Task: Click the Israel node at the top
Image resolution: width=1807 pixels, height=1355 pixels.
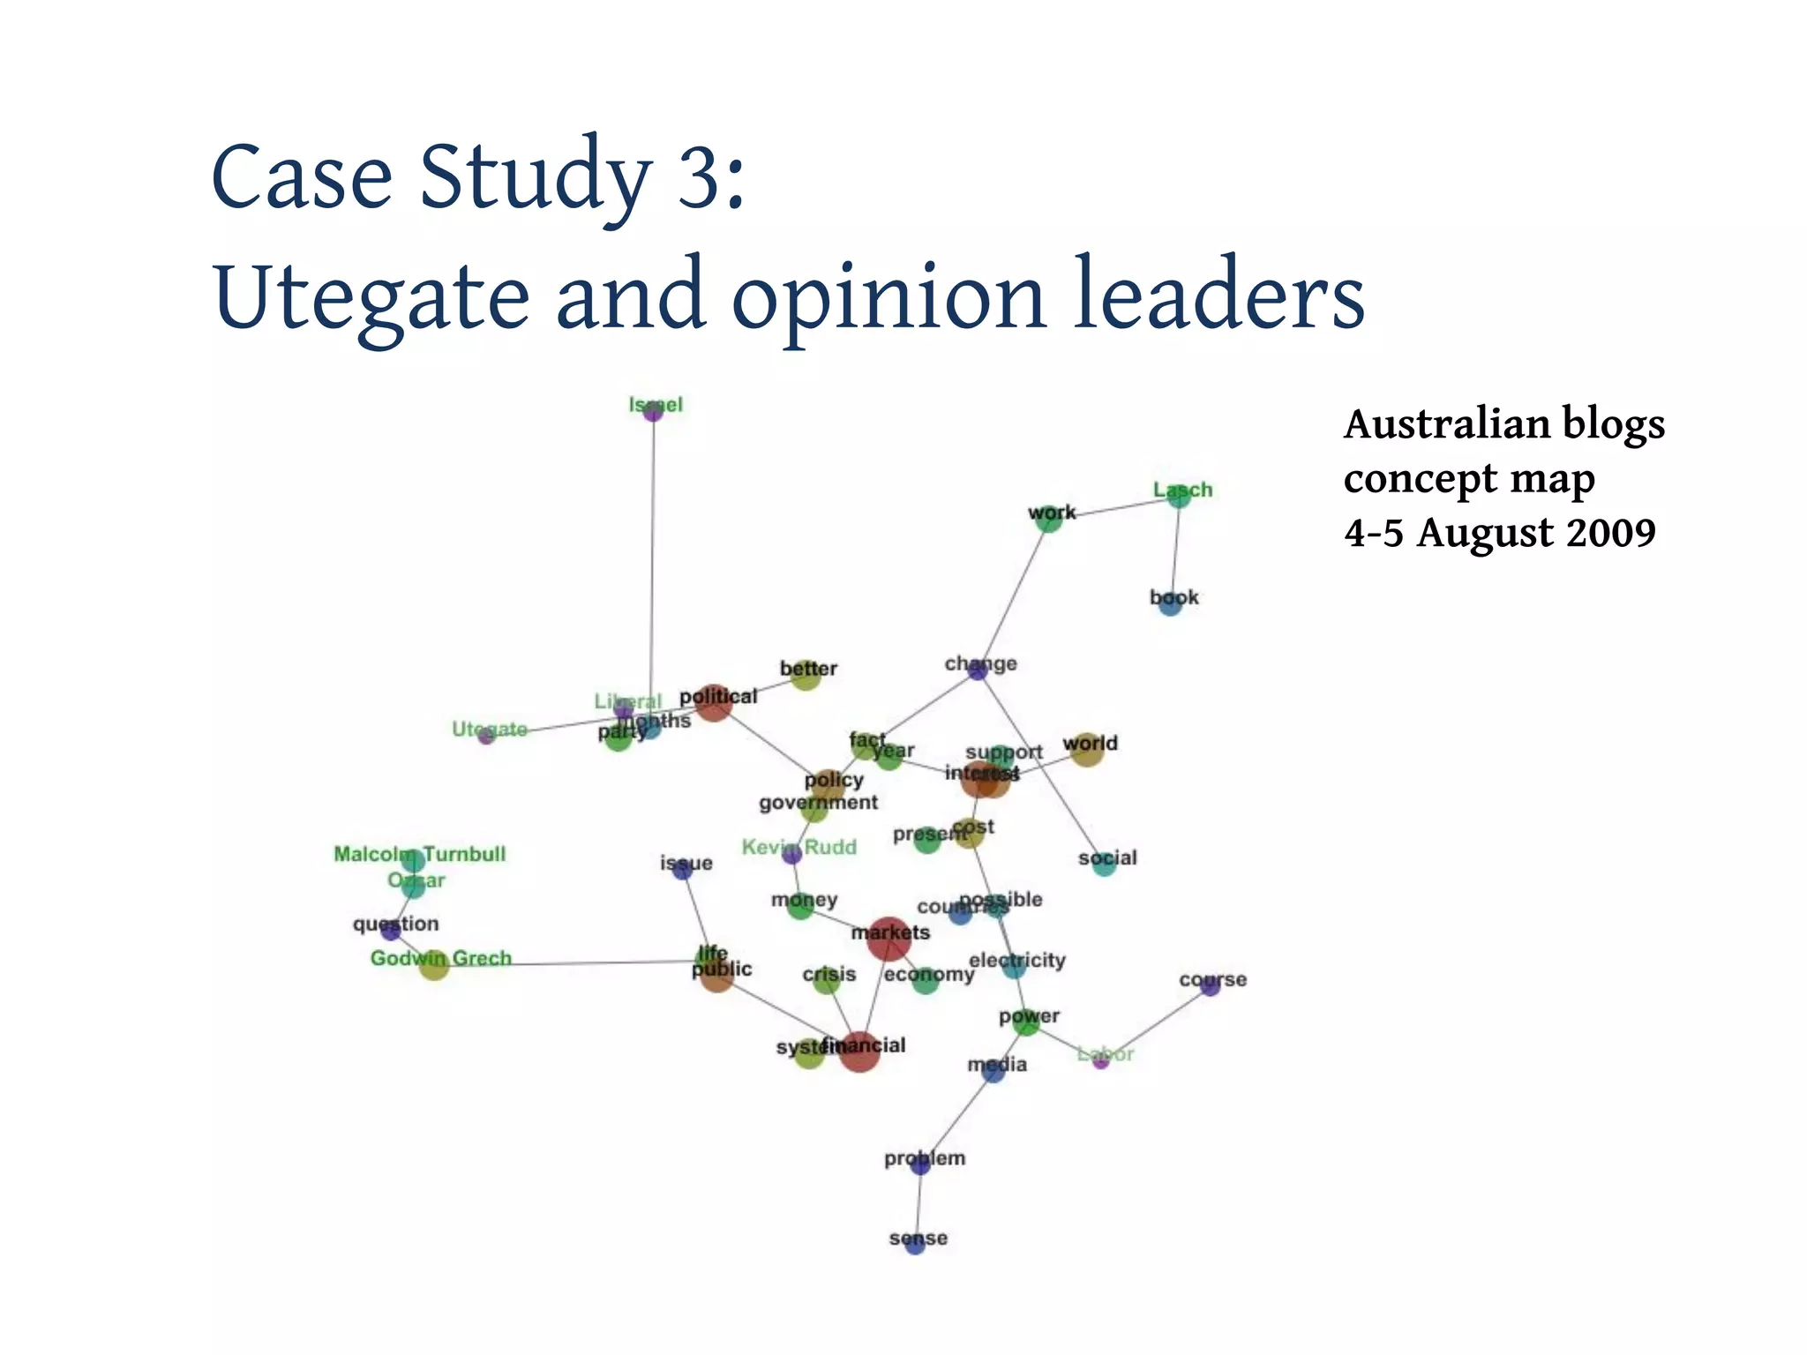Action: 653,411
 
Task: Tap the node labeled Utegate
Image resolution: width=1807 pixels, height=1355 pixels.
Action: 486,736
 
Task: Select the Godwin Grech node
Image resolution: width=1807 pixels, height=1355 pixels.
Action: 434,965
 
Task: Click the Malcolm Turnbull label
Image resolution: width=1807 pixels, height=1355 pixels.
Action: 420,854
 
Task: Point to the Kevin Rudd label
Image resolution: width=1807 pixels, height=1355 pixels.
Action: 799,847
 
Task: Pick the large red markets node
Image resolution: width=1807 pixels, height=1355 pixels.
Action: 889,940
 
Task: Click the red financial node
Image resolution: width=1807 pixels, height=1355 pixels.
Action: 859,1051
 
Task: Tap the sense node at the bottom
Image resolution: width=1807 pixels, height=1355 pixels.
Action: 916,1245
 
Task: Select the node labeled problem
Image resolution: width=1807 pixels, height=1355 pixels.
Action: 920,1164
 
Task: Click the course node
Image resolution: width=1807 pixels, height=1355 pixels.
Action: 1211,986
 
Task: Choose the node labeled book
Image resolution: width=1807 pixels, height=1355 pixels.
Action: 1170,604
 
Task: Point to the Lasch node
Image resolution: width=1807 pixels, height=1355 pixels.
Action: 1179,497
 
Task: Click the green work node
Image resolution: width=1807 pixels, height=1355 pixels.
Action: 1048,520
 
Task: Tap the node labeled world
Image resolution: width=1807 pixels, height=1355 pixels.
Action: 1087,750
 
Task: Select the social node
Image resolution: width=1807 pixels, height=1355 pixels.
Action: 1104,865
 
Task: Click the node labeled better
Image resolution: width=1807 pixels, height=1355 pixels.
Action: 806,676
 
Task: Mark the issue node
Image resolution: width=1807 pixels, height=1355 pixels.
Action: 682,870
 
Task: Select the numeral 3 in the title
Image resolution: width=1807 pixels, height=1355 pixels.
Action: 698,176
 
